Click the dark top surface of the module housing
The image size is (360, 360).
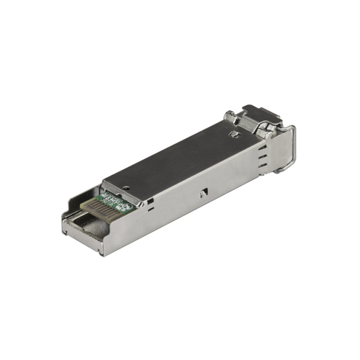[180, 155]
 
